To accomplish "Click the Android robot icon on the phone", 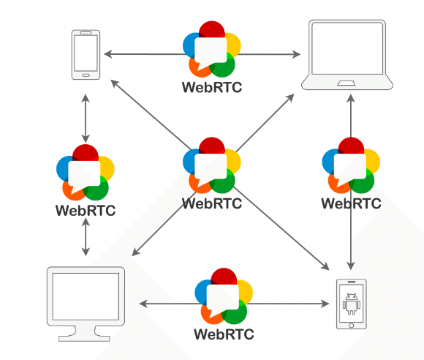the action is click(x=351, y=304).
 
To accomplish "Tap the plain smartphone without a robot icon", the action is click(x=86, y=55).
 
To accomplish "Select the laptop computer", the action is click(x=347, y=54).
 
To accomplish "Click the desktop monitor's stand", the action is click(x=84, y=334).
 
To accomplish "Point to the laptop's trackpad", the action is click(x=346, y=83).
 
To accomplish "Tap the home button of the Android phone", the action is click(x=351, y=326).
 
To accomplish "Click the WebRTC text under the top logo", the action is click(x=212, y=87).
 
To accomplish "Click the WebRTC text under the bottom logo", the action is click(x=224, y=334).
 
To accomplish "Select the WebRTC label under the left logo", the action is click(x=86, y=210).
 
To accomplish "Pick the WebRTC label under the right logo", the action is click(x=351, y=203).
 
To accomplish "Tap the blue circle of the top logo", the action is click(x=189, y=45).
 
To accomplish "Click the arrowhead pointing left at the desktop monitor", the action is click(x=143, y=304).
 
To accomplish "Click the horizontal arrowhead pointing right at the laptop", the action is click(x=296, y=54).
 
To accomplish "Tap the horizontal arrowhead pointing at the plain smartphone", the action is click(x=108, y=54).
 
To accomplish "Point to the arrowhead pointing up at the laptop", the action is click(x=351, y=98).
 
